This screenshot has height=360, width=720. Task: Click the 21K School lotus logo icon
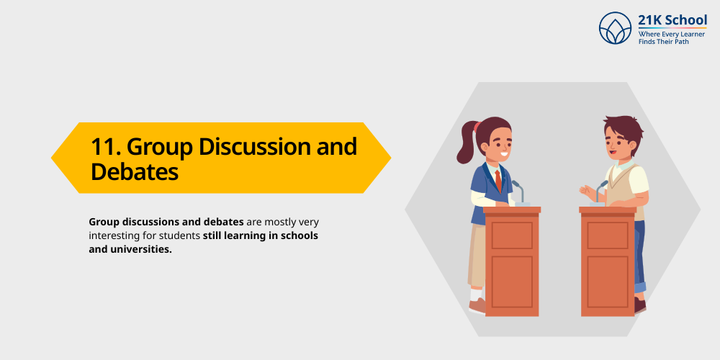[616, 28]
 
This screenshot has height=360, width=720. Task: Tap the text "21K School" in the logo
[672, 20]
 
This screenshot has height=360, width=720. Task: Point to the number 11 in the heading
[103, 147]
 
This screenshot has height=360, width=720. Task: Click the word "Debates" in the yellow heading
[135, 172]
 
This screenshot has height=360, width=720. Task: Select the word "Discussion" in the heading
[248, 147]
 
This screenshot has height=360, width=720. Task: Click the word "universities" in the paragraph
[143, 251]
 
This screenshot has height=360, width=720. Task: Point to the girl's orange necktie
[498, 181]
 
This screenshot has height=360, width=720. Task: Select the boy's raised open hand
[586, 190]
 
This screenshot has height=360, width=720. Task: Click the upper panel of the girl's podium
[511, 235]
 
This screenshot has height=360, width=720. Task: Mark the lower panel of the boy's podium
[608, 281]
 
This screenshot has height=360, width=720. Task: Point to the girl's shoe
[477, 306]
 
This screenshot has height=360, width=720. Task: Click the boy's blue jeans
[639, 257]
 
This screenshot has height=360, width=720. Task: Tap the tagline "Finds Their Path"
[663, 42]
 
